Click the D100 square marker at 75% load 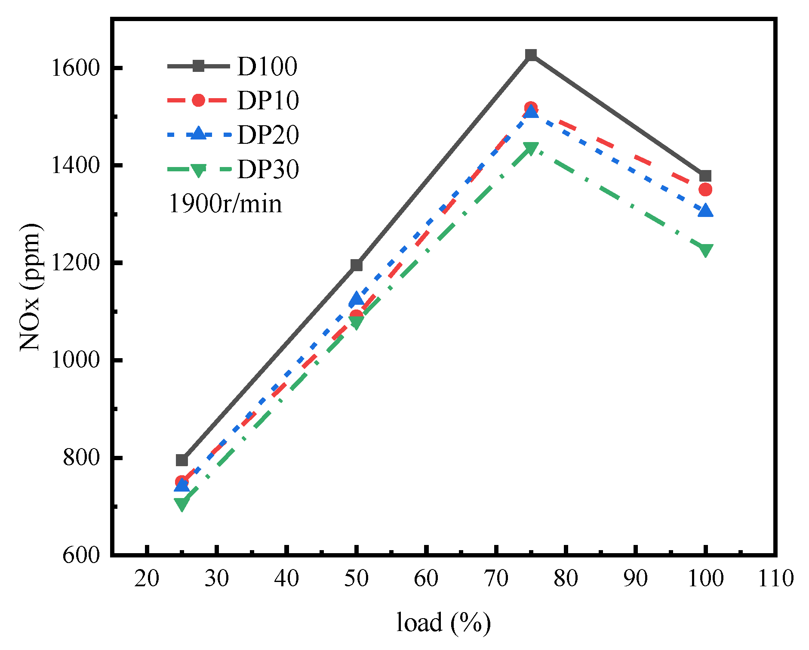point(531,55)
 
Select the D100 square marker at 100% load point(705,176)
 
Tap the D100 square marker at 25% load point(182,460)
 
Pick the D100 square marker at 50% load point(357,265)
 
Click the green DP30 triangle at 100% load point(705,250)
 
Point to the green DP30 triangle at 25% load point(182,504)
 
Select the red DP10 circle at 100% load point(705,189)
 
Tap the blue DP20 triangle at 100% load point(705,211)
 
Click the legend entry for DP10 point(268,100)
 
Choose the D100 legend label point(267,66)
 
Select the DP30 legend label point(268,169)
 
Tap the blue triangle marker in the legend point(198,133)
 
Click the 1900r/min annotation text point(225,204)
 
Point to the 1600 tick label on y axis point(75,68)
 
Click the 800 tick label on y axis point(81,458)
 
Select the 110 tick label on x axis point(775,578)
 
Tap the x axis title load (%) point(443,622)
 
